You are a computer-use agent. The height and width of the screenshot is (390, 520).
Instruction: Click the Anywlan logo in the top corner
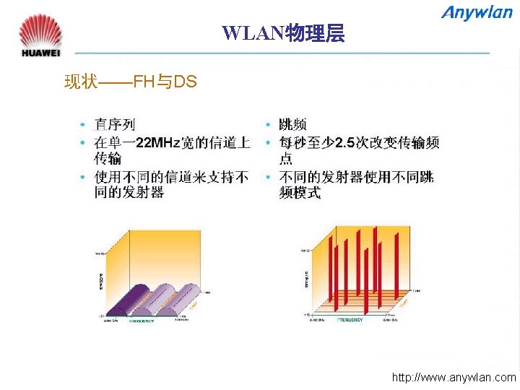(478, 13)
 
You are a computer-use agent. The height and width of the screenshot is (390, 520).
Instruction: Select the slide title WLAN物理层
(283, 32)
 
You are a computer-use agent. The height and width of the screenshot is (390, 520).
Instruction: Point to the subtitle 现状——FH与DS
(130, 82)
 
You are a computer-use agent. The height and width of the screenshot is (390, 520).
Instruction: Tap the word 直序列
(115, 126)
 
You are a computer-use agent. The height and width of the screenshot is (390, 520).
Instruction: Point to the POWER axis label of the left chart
(100, 282)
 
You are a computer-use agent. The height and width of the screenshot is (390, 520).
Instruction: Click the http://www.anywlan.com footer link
(454, 377)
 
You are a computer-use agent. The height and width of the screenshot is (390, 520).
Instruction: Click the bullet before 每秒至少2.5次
(268, 142)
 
